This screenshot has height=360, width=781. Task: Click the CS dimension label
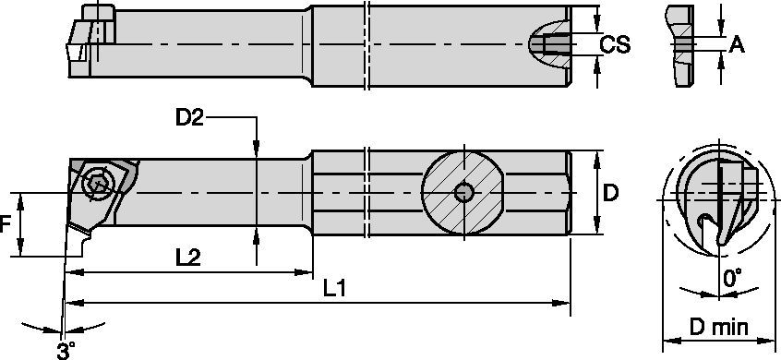(615, 45)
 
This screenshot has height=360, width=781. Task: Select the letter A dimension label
(737, 46)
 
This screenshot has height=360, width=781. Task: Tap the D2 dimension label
(189, 118)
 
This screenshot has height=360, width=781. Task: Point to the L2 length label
(187, 258)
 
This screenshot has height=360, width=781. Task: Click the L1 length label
(334, 289)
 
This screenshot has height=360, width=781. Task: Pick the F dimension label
(5, 225)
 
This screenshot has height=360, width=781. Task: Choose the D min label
(719, 327)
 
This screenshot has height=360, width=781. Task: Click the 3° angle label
(66, 350)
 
